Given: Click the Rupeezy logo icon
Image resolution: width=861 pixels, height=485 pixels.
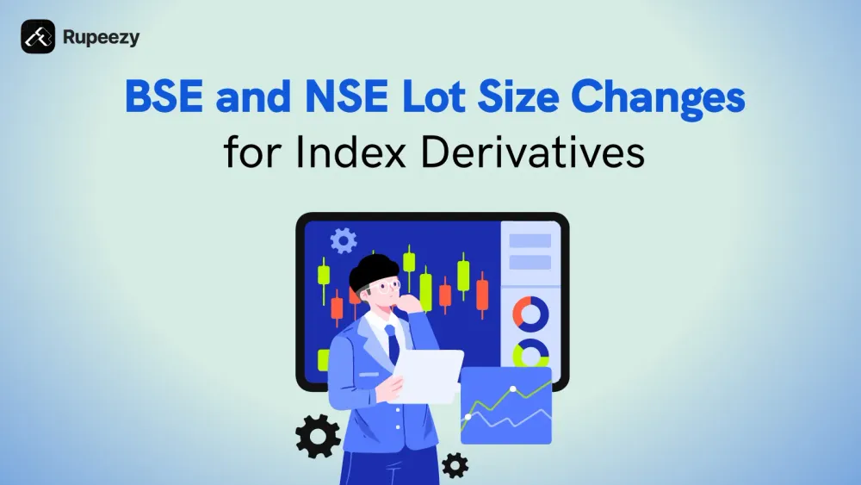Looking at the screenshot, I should [38, 37].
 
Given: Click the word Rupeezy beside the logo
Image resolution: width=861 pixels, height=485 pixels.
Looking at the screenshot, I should [101, 37].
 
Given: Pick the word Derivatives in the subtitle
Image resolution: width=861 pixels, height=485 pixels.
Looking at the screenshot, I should [535, 153].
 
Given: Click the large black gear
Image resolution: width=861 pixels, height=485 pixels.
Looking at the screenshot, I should [318, 435].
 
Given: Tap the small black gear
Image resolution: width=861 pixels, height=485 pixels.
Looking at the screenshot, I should [454, 465].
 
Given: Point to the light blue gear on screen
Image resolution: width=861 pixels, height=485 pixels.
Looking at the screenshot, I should [343, 240].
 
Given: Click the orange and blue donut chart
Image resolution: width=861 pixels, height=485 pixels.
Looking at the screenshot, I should [530, 314].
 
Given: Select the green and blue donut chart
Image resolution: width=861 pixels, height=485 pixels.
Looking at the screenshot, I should [530, 352].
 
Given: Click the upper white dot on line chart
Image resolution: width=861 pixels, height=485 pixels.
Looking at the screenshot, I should [514, 389].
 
